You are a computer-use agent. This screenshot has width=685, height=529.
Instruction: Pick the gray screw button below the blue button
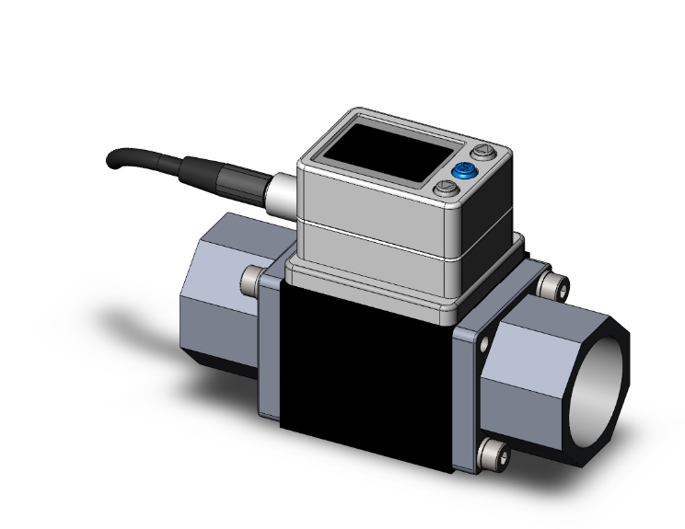click(x=445, y=190)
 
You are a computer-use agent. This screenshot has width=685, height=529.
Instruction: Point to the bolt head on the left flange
click(x=250, y=280)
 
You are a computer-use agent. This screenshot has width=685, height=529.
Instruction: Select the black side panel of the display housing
click(x=498, y=198)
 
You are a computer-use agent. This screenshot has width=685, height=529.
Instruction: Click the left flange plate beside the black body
click(x=269, y=350)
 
